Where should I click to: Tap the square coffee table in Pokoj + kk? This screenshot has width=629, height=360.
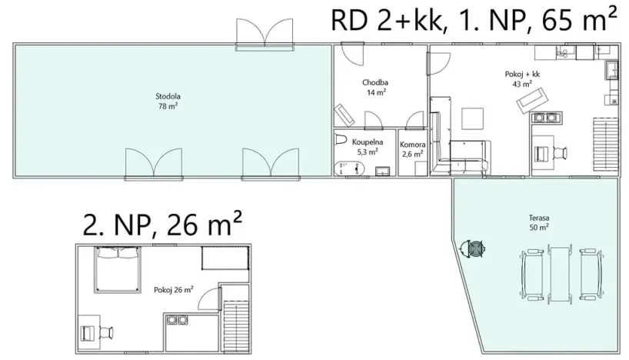coord(472,119)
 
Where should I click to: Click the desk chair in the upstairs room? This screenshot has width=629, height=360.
coord(106,332)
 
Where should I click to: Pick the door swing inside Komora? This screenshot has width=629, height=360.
coord(416,120)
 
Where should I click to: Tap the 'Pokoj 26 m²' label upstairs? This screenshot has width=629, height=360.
coord(172,290)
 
